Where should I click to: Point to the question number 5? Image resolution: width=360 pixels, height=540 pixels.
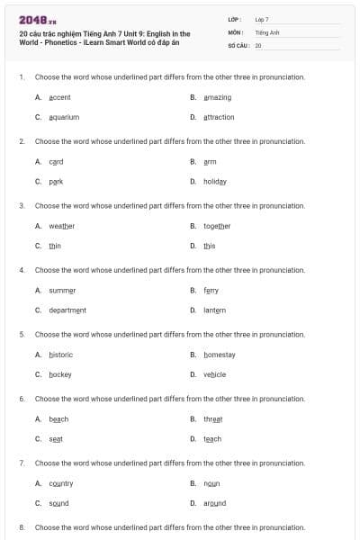click(22, 334)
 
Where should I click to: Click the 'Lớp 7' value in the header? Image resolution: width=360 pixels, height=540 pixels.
click(262, 19)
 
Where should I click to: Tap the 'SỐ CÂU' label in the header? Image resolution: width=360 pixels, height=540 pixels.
click(238, 44)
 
